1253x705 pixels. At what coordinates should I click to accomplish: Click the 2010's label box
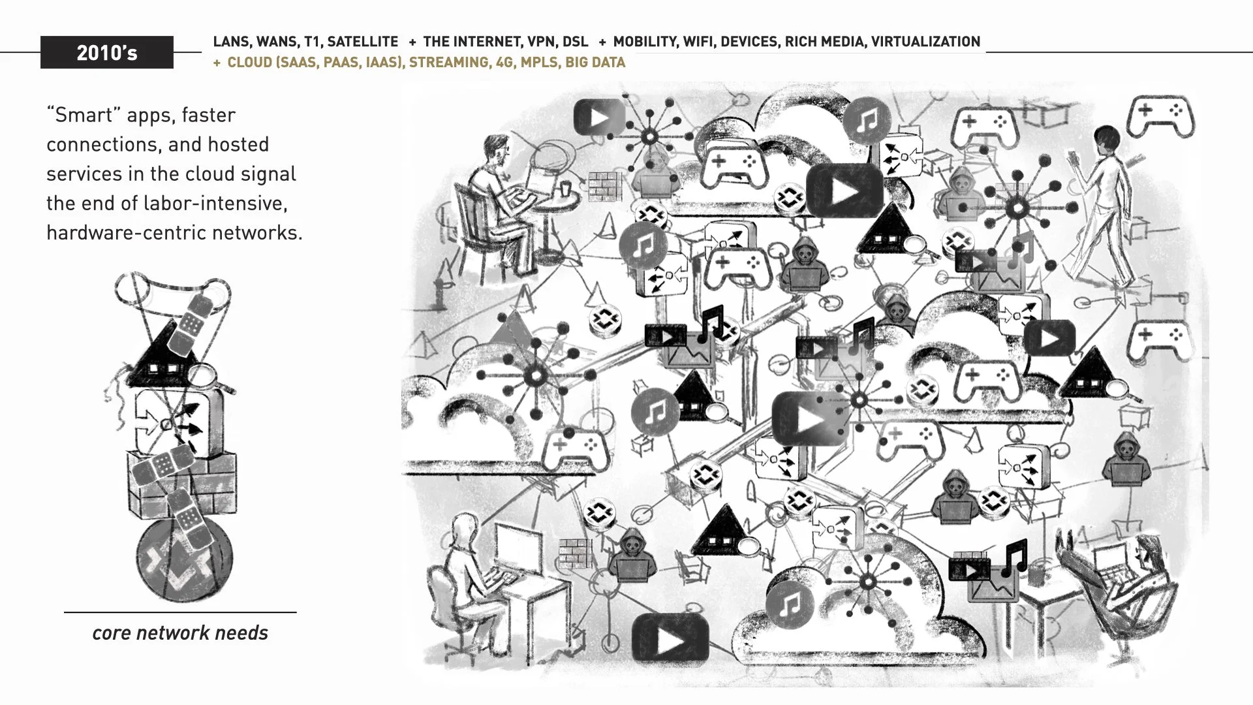click(x=107, y=52)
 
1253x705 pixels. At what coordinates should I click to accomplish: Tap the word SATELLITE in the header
click(x=362, y=42)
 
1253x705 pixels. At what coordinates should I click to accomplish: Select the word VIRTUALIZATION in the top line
click(x=925, y=42)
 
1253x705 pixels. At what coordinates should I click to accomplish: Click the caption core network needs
click(x=180, y=633)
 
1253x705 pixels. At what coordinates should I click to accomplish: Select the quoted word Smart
click(x=84, y=115)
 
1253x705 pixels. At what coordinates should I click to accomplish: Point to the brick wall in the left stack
click(x=182, y=483)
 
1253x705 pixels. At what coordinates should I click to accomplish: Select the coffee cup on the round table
click(x=565, y=188)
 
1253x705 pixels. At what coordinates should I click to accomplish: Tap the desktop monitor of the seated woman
click(x=518, y=548)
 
